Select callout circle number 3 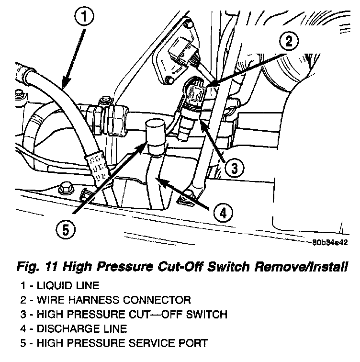point(232,167)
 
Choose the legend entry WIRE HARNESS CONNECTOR point(108,301)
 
